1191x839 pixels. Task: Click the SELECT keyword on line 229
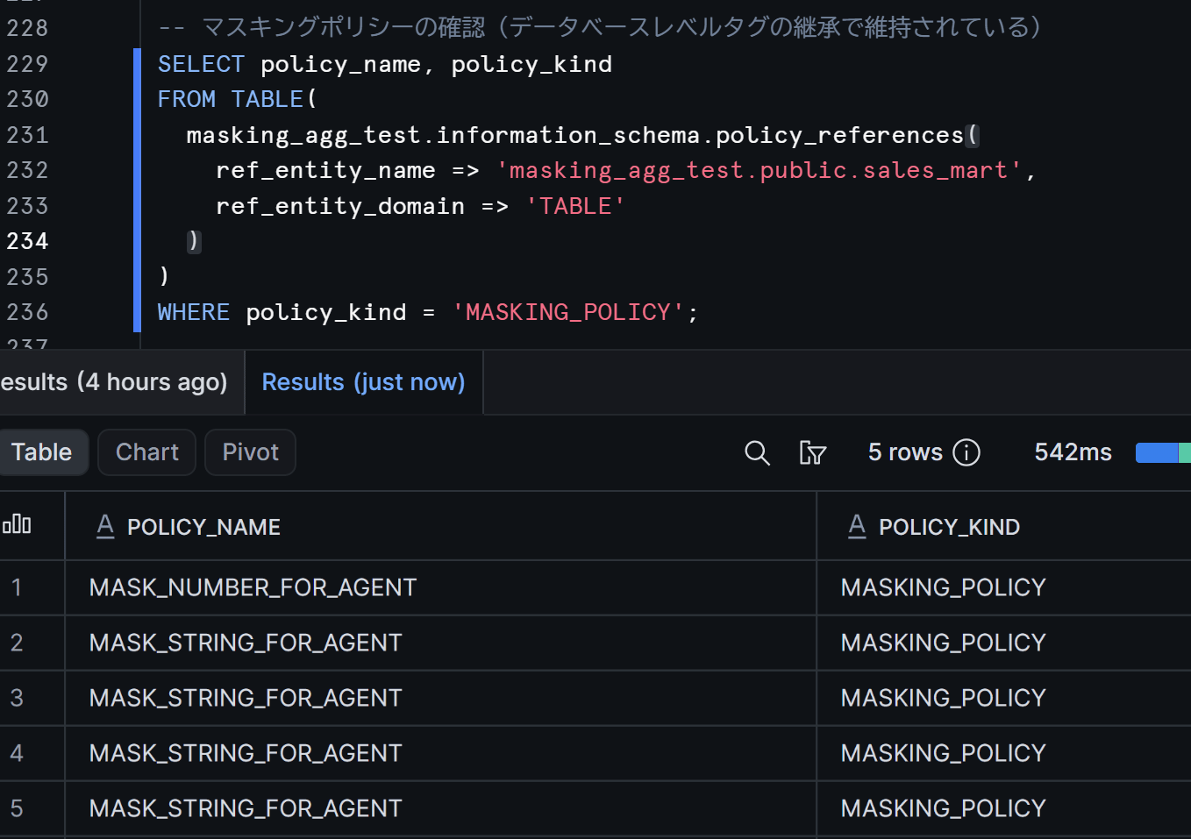pyautogui.click(x=201, y=64)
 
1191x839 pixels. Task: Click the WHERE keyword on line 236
pyautogui.click(x=194, y=312)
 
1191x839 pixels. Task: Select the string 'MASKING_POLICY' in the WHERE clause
pyautogui.click(x=568, y=312)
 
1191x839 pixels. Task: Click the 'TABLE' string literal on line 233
pyautogui.click(x=574, y=206)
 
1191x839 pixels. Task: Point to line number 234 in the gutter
pyautogui.click(x=28, y=241)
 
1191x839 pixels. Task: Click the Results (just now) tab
pyautogui.click(x=364, y=382)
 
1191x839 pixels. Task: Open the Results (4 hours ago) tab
pyautogui.click(x=114, y=382)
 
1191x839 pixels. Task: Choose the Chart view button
pyautogui.click(x=146, y=452)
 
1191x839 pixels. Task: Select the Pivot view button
pyautogui.click(x=251, y=452)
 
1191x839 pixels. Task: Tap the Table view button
pyautogui.click(x=42, y=452)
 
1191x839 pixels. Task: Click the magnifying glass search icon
pyautogui.click(x=757, y=453)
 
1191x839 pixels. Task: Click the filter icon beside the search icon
pyautogui.click(x=812, y=453)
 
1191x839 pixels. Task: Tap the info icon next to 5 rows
pyautogui.click(x=966, y=452)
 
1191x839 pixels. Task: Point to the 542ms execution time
pyautogui.click(x=1073, y=452)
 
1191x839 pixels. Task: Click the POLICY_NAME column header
pyautogui.click(x=203, y=527)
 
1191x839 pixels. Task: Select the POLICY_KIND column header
pyautogui.click(x=949, y=527)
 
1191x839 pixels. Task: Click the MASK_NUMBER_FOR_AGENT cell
pyautogui.click(x=253, y=587)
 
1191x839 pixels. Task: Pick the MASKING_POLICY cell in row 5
pyautogui.click(x=943, y=808)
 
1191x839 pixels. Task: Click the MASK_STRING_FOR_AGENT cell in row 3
pyautogui.click(x=245, y=698)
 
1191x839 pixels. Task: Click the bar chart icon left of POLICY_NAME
pyautogui.click(x=17, y=524)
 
